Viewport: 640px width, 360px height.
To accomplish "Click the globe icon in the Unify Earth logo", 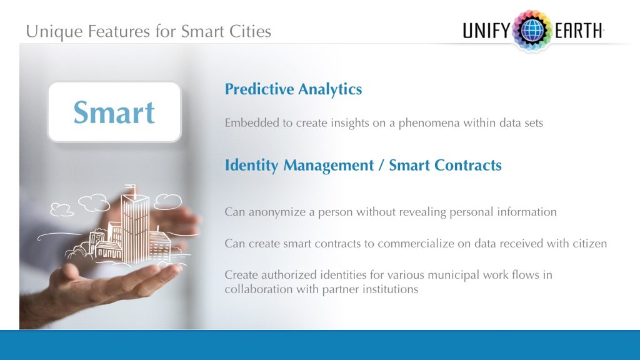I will (532, 30).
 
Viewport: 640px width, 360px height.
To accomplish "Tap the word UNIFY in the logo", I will (486, 31).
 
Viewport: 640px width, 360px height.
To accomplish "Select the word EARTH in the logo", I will (578, 31).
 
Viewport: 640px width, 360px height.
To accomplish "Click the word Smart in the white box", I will (114, 112).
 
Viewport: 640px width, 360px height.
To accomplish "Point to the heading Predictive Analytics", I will (293, 89).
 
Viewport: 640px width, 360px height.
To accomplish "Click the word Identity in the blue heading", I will (252, 166).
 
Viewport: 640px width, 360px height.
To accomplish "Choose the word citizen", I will (587, 244).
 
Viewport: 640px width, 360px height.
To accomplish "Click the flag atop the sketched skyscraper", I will (130, 187).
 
